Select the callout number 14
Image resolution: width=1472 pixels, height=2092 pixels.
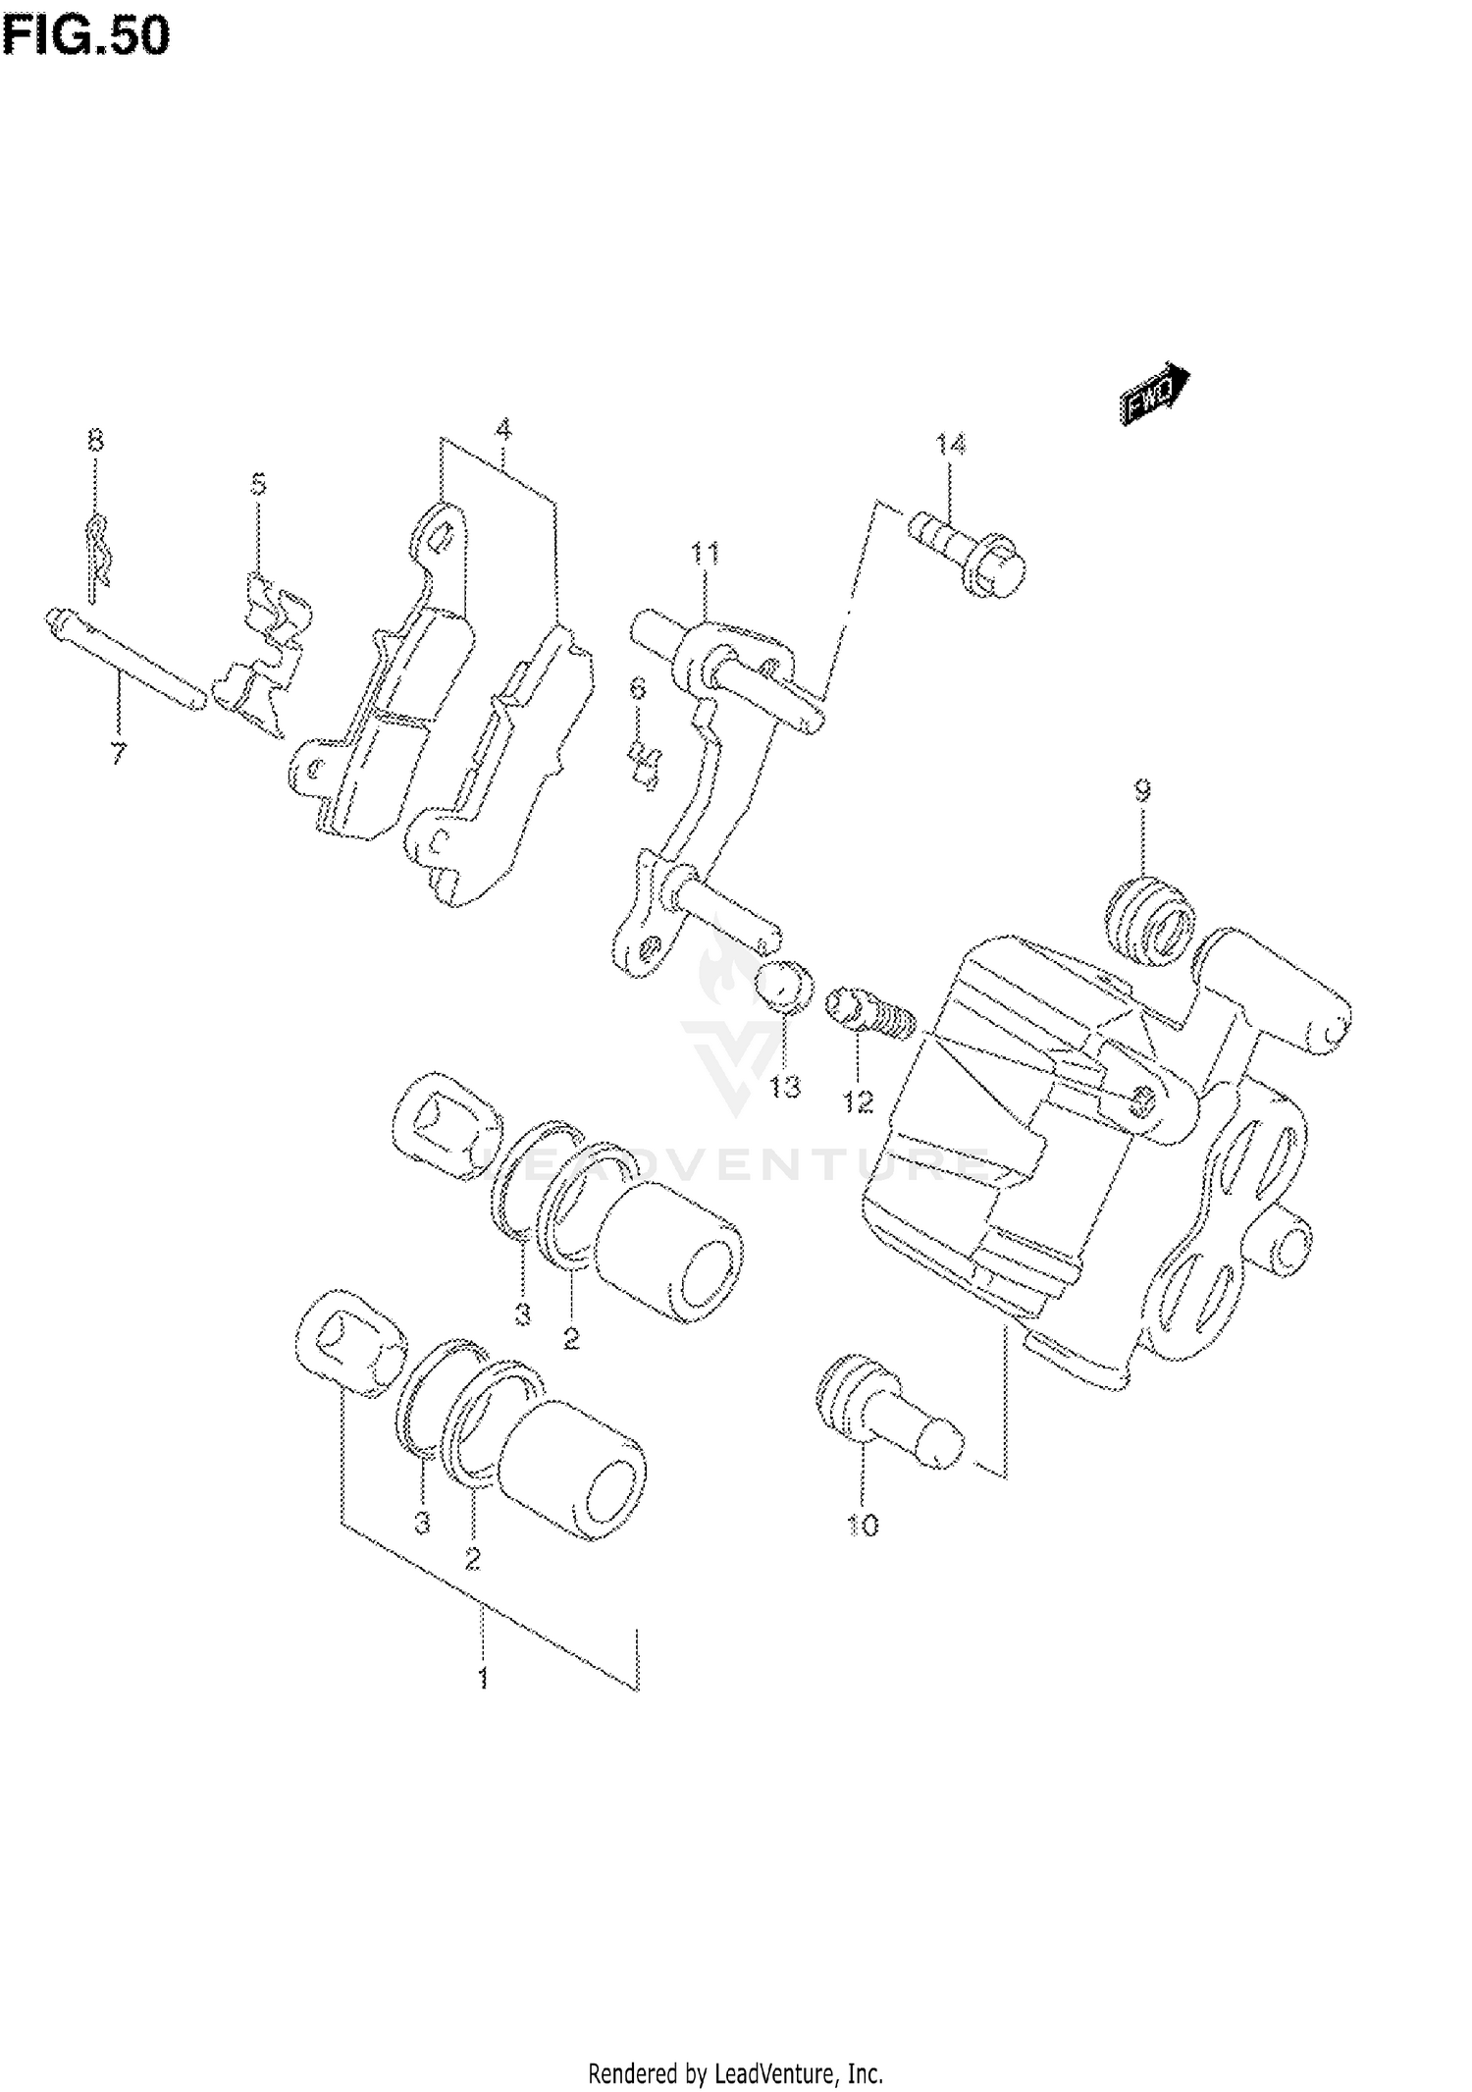click(949, 446)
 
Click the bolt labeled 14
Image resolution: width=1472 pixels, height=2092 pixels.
click(967, 553)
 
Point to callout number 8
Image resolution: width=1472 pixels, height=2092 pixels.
click(94, 440)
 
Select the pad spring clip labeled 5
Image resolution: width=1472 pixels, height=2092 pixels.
click(263, 654)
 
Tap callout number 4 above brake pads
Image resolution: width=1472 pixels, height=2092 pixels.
click(502, 430)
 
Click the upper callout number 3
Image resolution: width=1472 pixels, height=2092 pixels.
click(522, 1314)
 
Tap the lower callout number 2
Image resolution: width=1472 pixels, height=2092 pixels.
click(473, 1558)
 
